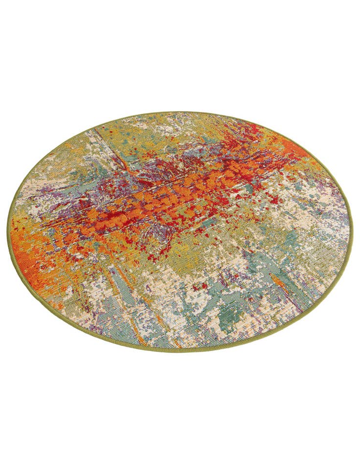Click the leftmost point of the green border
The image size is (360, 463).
(8, 234)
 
